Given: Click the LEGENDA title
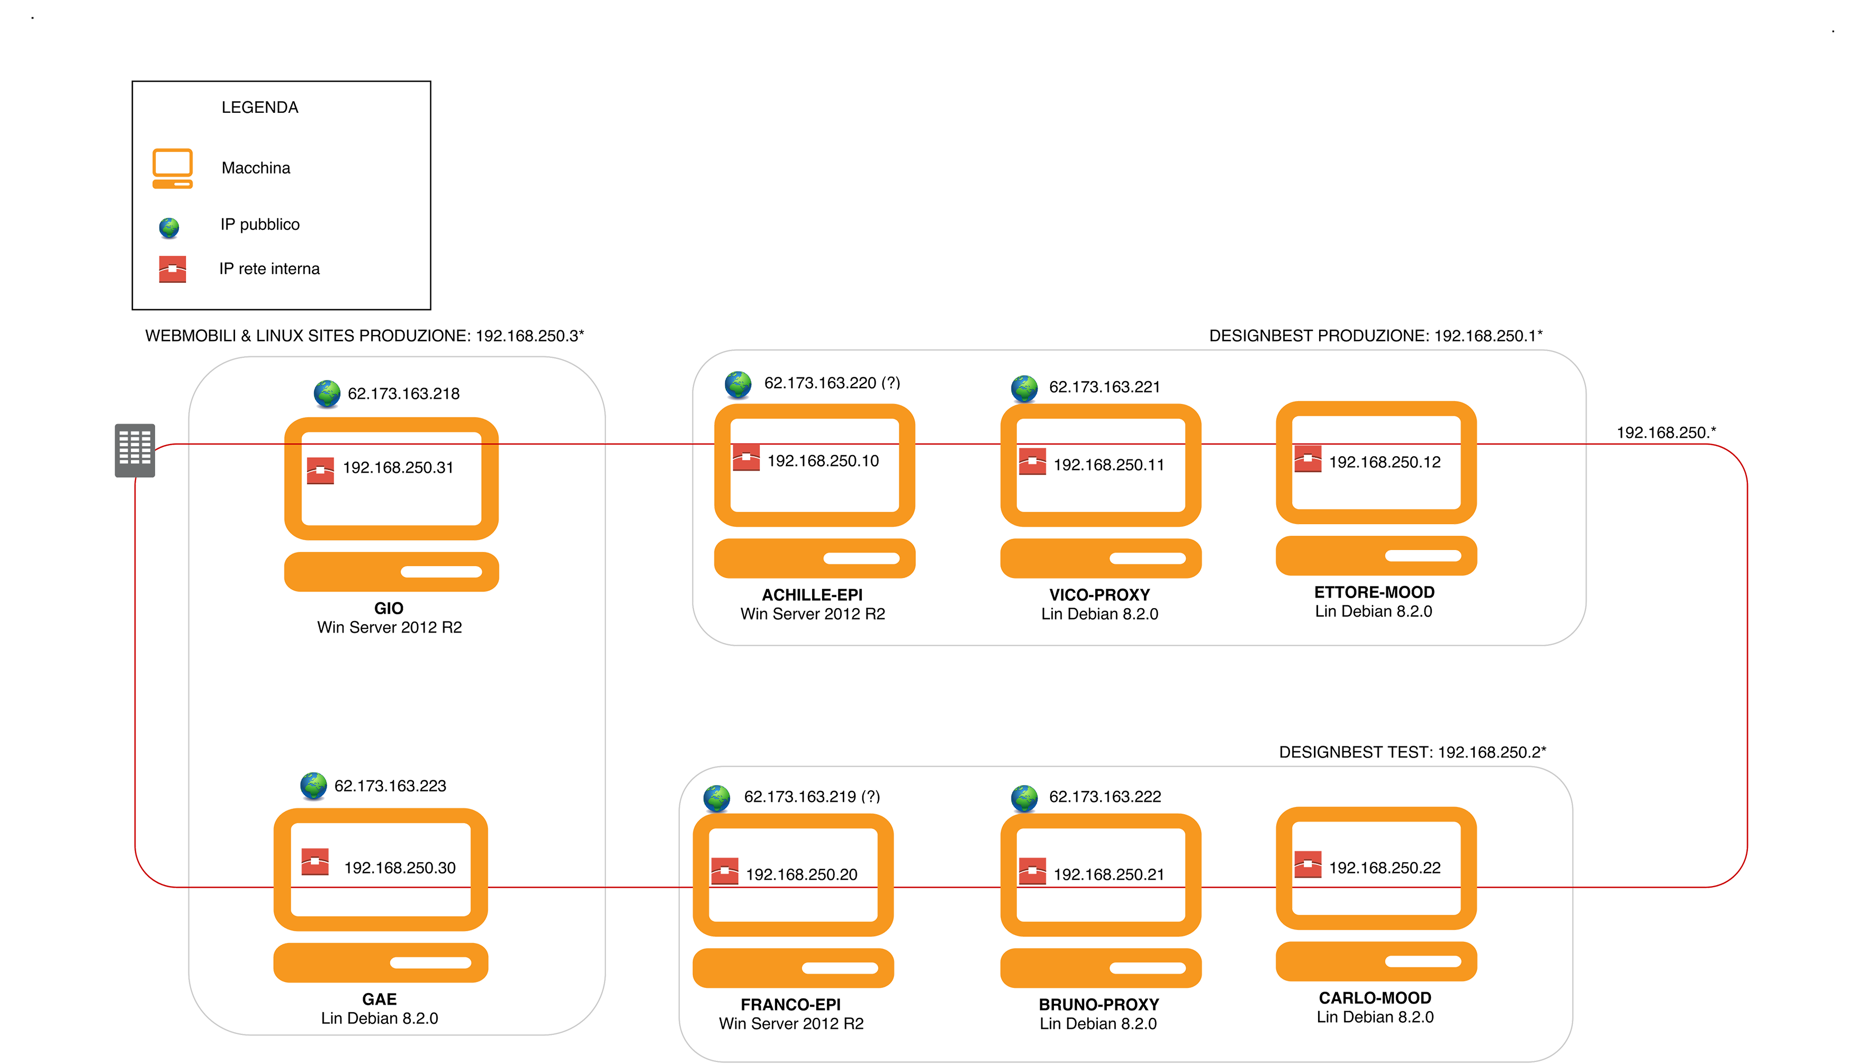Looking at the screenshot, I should click(x=260, y=107).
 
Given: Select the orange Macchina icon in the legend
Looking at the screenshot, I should click(x=173, y=168).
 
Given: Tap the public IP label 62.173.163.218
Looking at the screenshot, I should click(x=403, y=394).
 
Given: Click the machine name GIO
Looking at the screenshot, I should click(x=388, y=608).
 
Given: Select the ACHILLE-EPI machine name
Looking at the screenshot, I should click(x=812, y=595).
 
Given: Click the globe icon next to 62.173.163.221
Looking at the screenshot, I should click(x=1025, y=388).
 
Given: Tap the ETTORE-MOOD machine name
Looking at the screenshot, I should click(x=1374, y=591).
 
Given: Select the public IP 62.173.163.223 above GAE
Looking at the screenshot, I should click(x=390, y=786).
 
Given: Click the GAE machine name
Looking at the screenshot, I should click(x=380, y=999).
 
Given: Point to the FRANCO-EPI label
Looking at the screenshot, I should click(x=791, y=1005).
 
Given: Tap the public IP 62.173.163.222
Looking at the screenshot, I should click(x=1104, y=797).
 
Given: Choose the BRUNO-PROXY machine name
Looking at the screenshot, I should click(x=1098, y=1005).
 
